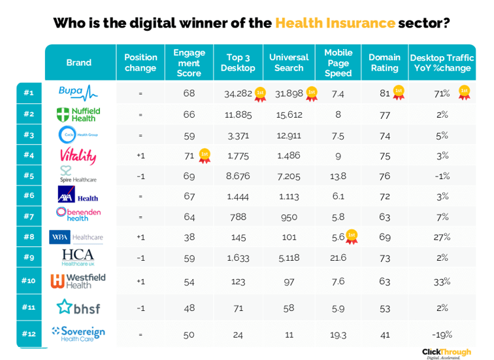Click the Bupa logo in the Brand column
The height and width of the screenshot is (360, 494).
pyautogui.click(x=78, y=93)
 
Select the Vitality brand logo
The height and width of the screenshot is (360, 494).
pyautogui.click(x=78, y=155)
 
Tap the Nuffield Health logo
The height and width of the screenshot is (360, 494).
pyautogui.click(x=78, y=114)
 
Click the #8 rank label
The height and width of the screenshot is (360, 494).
pyautogui.click(x=28, y=237)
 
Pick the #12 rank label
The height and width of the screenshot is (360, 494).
pyautogui.click(x=28, y=335)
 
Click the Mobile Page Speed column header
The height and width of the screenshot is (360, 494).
pyautogui.click(x=338, y=63)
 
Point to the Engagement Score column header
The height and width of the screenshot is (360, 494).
pyautogui.click(x=189, y=63)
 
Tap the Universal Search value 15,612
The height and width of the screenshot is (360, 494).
pyautogui.click(x=289, y=114)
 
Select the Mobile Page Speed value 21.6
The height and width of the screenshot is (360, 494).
pyautogui.click(x=338, y=257)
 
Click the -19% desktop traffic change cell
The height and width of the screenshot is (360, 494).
pyautogui.click(x=442, y=335)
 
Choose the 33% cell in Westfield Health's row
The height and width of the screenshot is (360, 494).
pyautogui.click(x=442, y=281)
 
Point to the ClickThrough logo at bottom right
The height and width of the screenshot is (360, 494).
pyautogui.click(x=446, y=353)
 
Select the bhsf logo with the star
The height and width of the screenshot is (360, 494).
pyautogui.click(x=78, y=306)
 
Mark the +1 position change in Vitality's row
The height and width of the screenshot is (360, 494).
pyautogui.click(x=140, y=155)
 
